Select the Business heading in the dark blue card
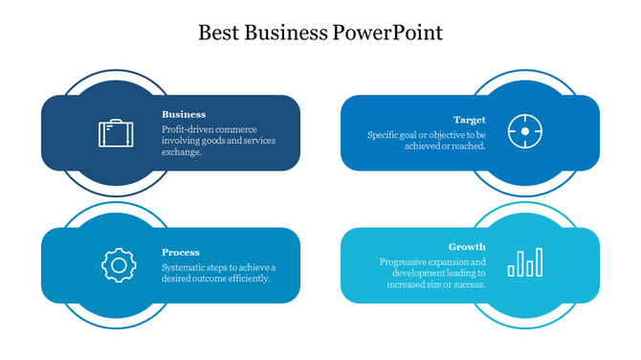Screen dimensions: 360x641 coord(184,114)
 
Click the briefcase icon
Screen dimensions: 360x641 coord(116,132)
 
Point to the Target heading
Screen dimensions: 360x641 coord(470,120)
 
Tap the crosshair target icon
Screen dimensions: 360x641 coord(524,130)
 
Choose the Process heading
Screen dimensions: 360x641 coord(181,253)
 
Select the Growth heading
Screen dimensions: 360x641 coord(467,246)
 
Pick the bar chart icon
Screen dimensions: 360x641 coord(524,262)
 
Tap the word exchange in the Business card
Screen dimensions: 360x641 coord(181,152)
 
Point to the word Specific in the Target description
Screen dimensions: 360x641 coord(385,135)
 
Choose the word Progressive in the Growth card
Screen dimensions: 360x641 coord(403,261)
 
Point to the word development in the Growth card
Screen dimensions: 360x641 coord(417,273)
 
